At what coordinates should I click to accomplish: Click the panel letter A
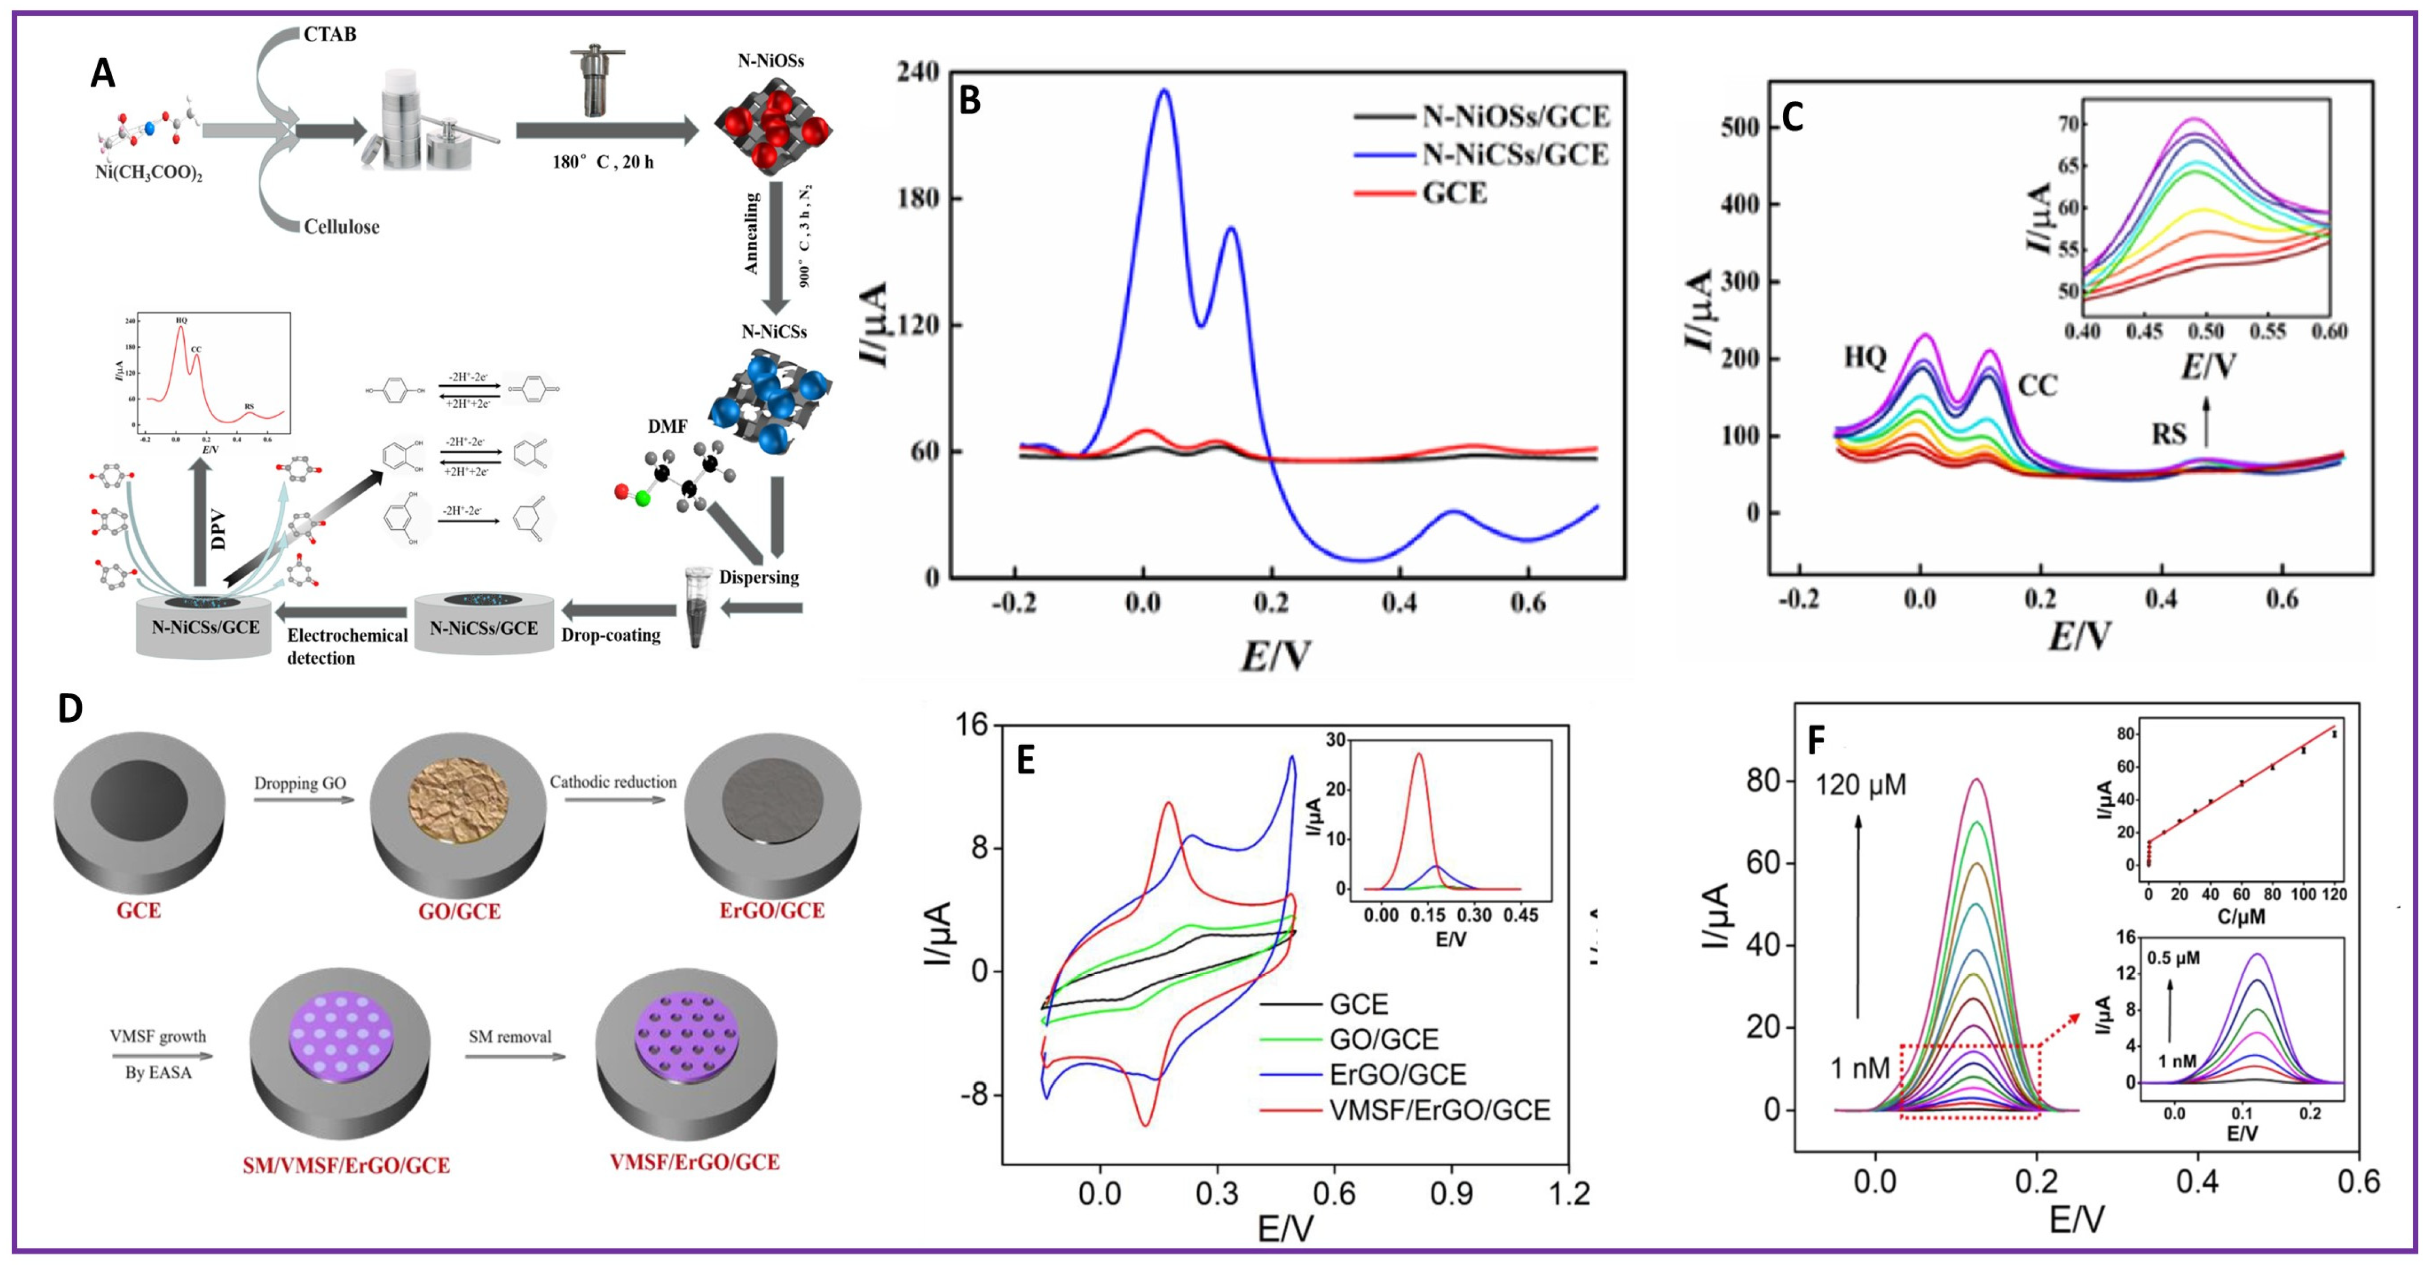103,73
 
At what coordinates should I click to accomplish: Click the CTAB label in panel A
329,35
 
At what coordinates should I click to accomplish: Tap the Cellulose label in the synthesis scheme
342,227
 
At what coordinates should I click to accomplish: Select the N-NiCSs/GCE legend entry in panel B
1515,155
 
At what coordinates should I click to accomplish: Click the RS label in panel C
2169,434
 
